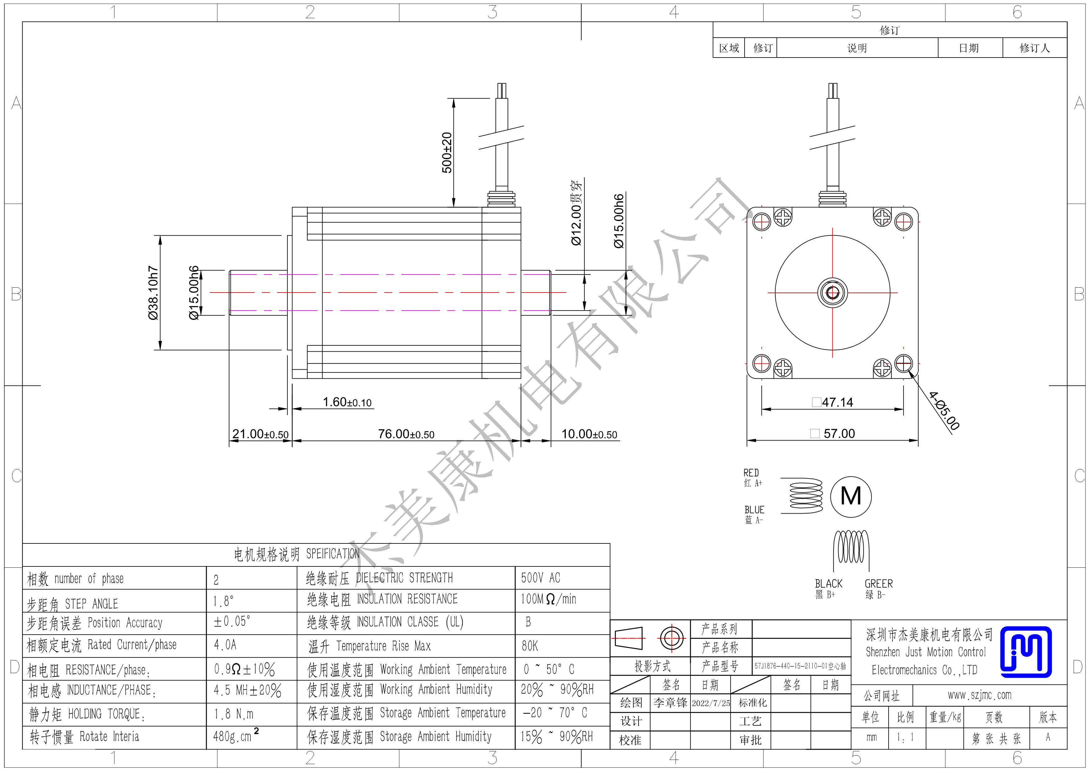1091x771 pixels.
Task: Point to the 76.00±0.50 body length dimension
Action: [406, 434]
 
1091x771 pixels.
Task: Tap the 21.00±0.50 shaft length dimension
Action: [260, 434]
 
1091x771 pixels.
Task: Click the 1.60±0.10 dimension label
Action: [347, 402]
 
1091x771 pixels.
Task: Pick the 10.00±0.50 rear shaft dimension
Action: [589, 434]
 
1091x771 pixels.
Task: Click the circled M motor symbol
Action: [851, 496]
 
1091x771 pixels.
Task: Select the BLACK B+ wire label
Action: [828, 589]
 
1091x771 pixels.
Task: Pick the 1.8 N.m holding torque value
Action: [233, 714]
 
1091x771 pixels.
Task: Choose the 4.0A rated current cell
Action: [225, 645]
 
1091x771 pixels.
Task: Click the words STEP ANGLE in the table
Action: [91, 604]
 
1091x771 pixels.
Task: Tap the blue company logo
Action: [1026, 652]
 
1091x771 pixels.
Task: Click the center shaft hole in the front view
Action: [833, 293]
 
